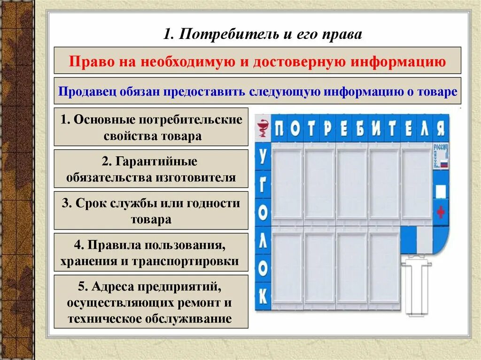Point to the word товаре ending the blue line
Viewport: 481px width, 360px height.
coord(439,92)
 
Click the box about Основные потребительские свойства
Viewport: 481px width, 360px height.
coord(151,127)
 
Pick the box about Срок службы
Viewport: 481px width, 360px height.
coord(151,210)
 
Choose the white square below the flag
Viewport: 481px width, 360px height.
coord(441,191)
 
